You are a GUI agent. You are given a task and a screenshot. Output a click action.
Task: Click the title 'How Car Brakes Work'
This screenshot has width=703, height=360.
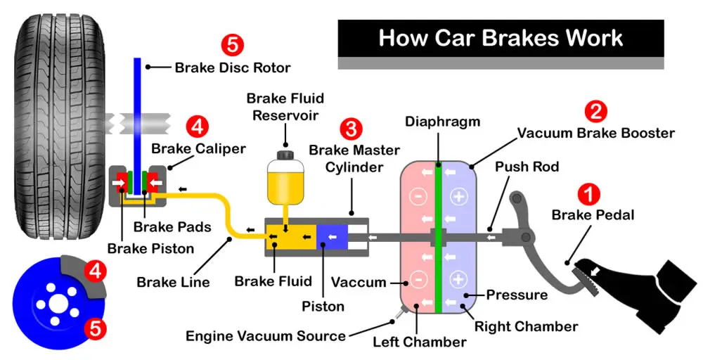[x=501, y=37]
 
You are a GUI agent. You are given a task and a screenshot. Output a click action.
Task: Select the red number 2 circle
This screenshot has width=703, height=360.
[x=595, y=111]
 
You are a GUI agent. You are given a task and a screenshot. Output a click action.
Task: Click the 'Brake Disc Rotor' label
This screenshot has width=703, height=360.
[x=233, y=67]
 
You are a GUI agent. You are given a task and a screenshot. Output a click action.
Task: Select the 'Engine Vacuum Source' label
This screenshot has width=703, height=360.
[x=266, y=335]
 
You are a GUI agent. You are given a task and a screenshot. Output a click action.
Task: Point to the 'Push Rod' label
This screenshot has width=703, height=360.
[x=527, y=167]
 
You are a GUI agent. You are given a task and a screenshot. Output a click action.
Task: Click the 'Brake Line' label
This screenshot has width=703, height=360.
[x=173, y=282]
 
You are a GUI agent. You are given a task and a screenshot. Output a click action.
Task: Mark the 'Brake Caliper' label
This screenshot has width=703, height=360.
[x=199, y=148]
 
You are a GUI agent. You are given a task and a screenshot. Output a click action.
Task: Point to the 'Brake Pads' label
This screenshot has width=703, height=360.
[x=162, y=227]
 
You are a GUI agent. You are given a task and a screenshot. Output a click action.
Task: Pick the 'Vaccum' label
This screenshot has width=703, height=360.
[x=359, y=283]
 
